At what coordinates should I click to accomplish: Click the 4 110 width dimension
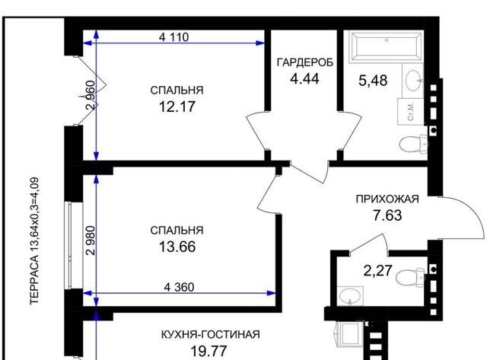point(173,37)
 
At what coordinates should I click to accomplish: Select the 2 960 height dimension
point(90,95)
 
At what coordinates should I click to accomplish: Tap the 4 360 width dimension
point(180,287)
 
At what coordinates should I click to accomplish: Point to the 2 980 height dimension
point(90,241)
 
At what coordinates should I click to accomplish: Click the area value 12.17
point(177,107)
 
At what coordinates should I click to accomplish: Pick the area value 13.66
point(177,247)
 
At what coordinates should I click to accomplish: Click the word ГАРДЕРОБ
point(304,62)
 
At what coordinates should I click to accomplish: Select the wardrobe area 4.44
point(304,78)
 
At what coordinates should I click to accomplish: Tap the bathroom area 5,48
point(373,81)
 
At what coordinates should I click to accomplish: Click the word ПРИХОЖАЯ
point(387,199)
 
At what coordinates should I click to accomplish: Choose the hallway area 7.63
point(387,215)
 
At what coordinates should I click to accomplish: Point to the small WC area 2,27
point(378,270)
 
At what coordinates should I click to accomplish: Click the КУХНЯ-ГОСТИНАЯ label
point(211,335)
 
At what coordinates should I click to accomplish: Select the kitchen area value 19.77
point(208,352)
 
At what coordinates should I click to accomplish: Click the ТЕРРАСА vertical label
point(34,241)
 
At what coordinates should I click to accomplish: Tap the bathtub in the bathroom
point(386,47)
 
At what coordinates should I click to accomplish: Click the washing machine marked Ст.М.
point(411,112)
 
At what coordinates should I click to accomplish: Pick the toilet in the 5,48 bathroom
point(413,144)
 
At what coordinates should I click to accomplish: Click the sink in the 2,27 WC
point(350,296)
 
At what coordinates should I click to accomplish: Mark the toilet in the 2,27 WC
point(410,276)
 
